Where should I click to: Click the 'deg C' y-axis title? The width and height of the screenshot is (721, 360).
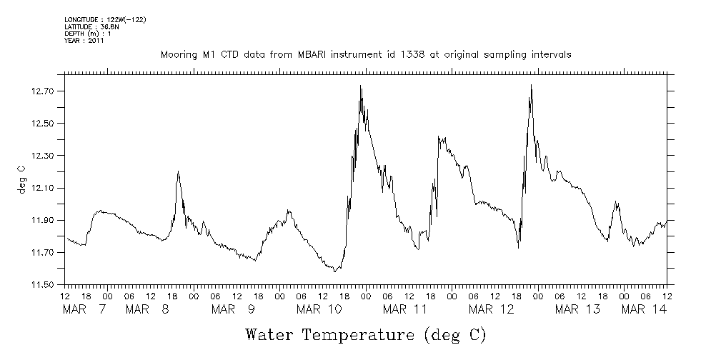coord(21,179)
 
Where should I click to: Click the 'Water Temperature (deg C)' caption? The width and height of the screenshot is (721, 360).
coord(366,334)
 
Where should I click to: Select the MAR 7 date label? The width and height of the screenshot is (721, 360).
coord(86,309)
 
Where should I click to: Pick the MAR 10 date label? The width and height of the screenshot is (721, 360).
coord(319,309)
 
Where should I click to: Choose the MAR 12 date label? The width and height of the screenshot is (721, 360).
coord(491,309)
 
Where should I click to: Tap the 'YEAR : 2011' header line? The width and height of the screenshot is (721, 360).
coord(84,41)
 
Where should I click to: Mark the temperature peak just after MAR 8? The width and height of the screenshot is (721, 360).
coord(178,171)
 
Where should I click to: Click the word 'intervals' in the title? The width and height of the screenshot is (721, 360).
coord(551,55)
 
